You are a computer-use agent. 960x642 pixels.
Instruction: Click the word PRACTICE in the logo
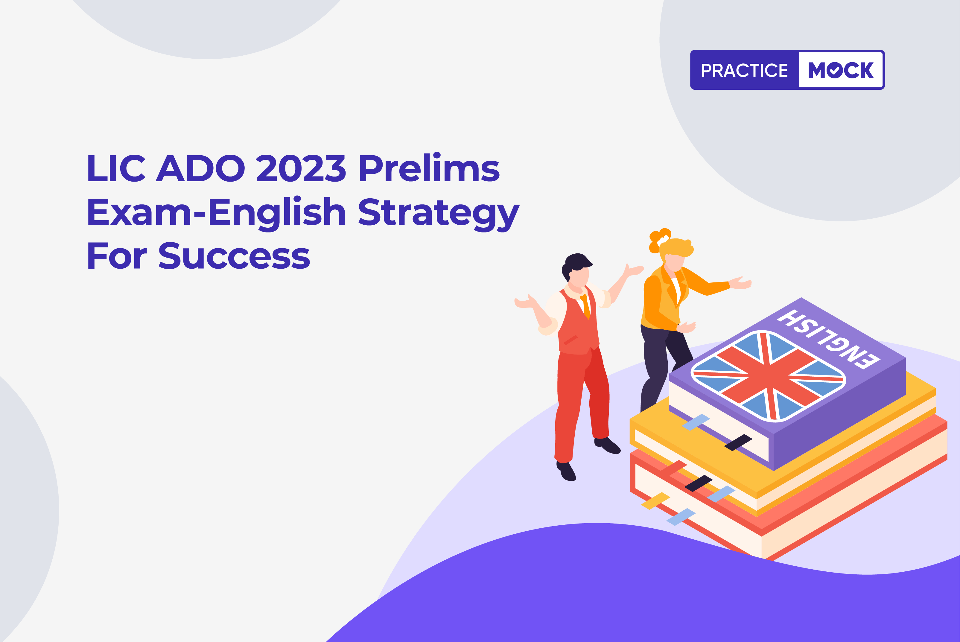click(744, 70)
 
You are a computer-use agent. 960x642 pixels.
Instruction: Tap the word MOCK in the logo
click(841, 70)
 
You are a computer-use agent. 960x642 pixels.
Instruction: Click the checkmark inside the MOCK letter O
click(834, 70)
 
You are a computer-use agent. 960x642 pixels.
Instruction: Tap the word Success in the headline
click(234, 255)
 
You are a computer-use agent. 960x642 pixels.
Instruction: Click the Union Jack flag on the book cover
click(769, 376)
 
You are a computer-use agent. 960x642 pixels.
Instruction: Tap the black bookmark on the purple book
click(738, 442)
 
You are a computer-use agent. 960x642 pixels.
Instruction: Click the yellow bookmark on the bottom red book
click(655, 501)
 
